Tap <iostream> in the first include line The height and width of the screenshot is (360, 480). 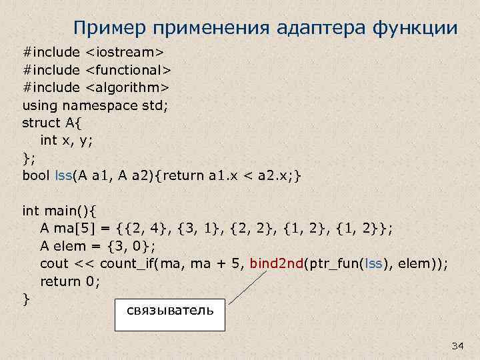coord(125,51)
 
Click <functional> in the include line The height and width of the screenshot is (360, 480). coord(128,69)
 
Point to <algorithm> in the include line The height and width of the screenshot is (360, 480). coord(127,87)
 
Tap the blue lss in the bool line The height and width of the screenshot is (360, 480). coord(63,175)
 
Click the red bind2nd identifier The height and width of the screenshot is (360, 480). coord(276,263)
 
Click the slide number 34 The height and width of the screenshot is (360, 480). coord(457,345)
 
